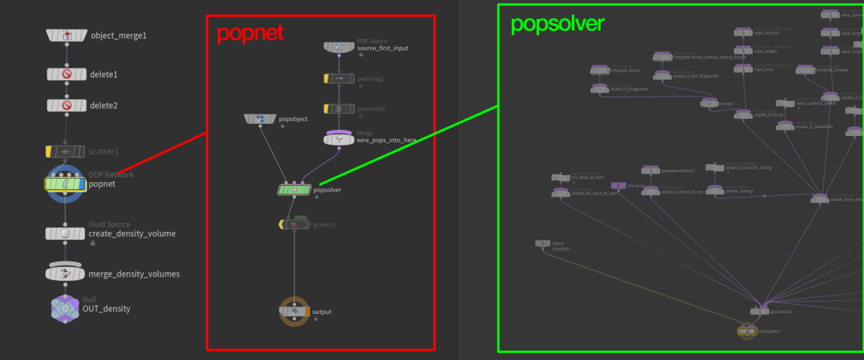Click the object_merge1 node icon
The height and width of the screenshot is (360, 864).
[x=66, y=35]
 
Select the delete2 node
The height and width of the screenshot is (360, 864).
[x=66, y=106]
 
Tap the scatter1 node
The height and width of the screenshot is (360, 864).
[x=66, y=152]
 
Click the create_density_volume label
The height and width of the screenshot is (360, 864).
[x=132, y=234]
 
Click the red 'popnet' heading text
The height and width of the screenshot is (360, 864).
[x=250, y=33]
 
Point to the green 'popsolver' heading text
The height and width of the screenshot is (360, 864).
[x=557, y=24]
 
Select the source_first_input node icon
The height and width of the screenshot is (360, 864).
[x=338, y=48]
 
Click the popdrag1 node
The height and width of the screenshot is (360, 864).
[x=338, y=78]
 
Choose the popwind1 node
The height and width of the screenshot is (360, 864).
[x=338, y=109]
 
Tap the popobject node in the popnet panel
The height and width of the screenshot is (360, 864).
[x=260, y=119]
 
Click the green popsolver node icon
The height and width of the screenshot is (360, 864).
[x=294, y=190]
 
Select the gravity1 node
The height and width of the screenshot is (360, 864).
[x=294, y=225]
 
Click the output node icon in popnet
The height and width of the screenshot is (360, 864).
[x=294, y=312]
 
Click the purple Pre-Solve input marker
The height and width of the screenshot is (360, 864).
[x=613, y=186]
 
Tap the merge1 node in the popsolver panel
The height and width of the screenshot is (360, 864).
[x=709, y=104]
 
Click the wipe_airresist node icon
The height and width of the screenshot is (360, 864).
[x=743, y=32]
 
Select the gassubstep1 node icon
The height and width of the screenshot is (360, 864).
[x=760, y=311]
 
